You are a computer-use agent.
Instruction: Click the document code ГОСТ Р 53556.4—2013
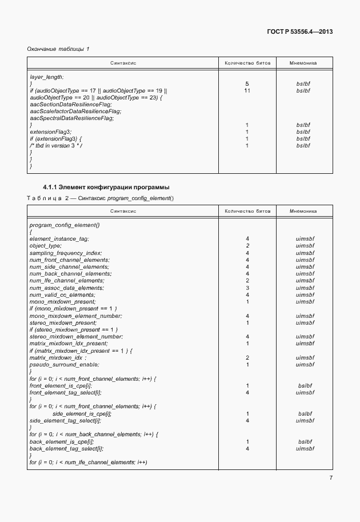pyautogui.click(x=299, y=32)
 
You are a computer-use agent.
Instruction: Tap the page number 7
pyautogui.click(x=330, y=479)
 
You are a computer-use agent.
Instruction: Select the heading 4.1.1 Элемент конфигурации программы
pyautogui.click(x=106, y=188)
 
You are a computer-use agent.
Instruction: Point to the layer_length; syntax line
pyautogui.click(x=46, y=77)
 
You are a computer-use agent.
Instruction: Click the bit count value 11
pyautogui.click(x=247, y=90)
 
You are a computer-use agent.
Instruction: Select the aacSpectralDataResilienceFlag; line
pyautogui.click(x=71, y=118)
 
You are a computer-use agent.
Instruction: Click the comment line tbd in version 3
pyautogui.click(x=56, y=146)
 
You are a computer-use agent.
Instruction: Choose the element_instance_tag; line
pyautogui.click(x=59, y=238)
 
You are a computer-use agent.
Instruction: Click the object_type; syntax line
pyautogui.click(x=45, y=245)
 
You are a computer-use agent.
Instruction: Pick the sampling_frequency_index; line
pyautogui.click(x=65, y=252)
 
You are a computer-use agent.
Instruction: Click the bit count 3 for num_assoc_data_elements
pyautogui.click(x=247, y=288)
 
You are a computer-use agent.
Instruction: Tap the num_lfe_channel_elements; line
pyautogui.click(x=66, y=280)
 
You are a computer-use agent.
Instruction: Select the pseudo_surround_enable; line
pyautogui.click(x=64, y=364)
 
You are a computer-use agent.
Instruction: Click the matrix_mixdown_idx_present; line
pyautogui.click(x=68, y=343)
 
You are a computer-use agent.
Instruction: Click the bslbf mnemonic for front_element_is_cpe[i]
pyautogui.click(x=305, y=386)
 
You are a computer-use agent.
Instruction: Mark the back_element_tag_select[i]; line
pyautogui.click(x=66, y=449)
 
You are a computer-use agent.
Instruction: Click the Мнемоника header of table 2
pyautogui.click(x=303, y=211)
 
